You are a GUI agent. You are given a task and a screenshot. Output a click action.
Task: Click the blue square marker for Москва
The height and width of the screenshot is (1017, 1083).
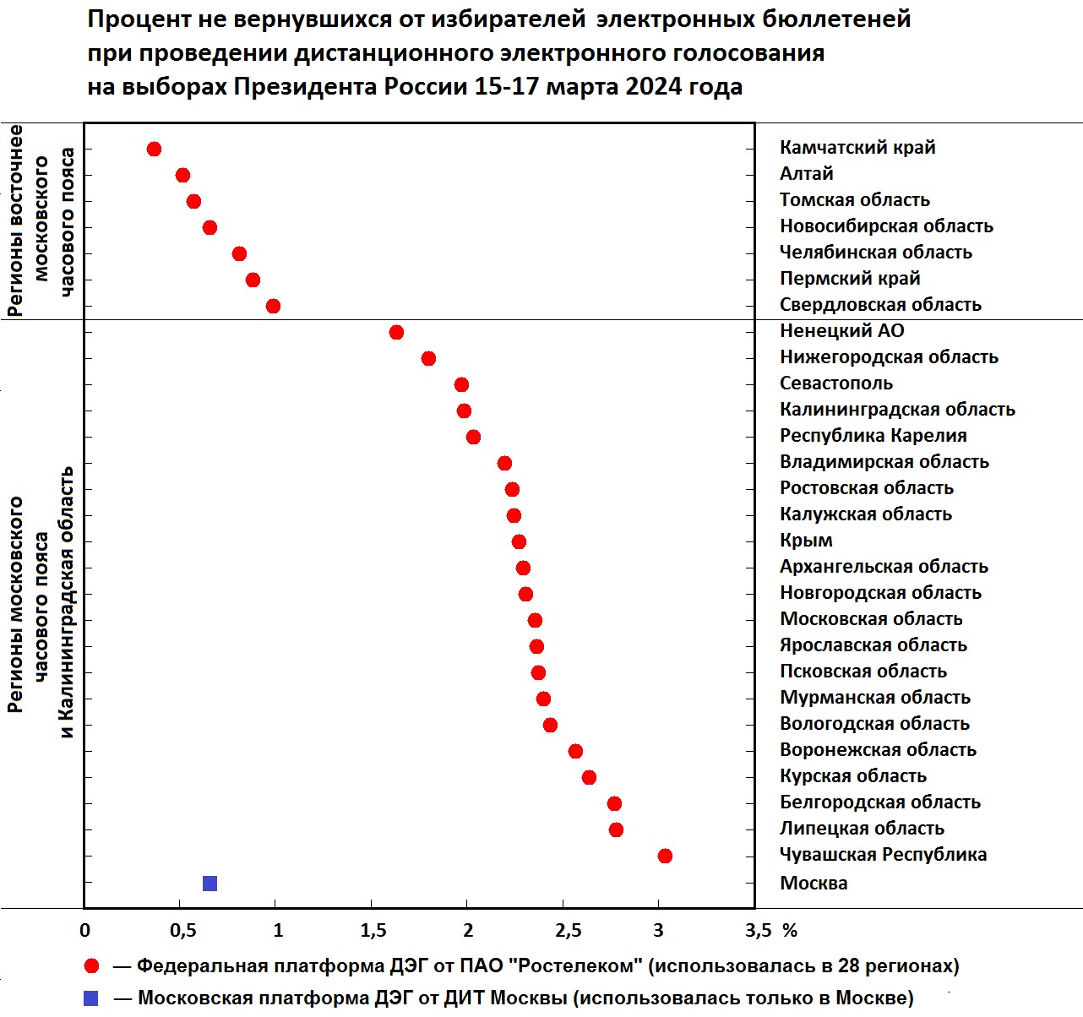coord(210,883)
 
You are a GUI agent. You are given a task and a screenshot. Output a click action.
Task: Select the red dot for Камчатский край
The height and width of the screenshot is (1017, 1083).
coord(155,149)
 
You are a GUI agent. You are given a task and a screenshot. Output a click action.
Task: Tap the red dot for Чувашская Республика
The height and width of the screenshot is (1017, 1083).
coord(665,857)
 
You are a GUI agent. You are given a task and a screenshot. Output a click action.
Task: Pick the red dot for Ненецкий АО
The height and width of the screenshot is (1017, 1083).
coord(396,332)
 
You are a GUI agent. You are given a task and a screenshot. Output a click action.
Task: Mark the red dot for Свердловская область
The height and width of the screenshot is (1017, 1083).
coord(273,306)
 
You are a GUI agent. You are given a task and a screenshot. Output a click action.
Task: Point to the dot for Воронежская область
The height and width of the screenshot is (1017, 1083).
coord(575,752)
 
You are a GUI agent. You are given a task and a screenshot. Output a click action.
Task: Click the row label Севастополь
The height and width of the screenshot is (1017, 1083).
coord(836,383)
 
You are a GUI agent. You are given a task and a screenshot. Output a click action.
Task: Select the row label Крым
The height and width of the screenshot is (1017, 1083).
coord(806,541)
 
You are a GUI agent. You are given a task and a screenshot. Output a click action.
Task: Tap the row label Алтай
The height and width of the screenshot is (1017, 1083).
coord(807,173)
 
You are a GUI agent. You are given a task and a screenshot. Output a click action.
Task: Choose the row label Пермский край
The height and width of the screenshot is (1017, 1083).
coord(850,279)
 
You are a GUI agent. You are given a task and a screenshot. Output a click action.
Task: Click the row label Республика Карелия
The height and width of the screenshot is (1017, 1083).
coord(873,436)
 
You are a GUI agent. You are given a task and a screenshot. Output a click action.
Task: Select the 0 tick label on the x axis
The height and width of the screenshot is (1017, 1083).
coord(84,931)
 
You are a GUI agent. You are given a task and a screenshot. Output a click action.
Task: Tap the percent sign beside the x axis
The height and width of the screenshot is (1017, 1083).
coord(790,931)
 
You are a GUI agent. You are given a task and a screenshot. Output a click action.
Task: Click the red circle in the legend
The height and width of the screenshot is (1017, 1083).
coord(91,967)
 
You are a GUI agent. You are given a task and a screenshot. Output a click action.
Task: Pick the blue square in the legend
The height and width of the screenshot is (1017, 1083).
coord(90,998)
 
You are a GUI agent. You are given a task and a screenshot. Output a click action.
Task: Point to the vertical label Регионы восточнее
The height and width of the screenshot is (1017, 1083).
coord(15,220)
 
